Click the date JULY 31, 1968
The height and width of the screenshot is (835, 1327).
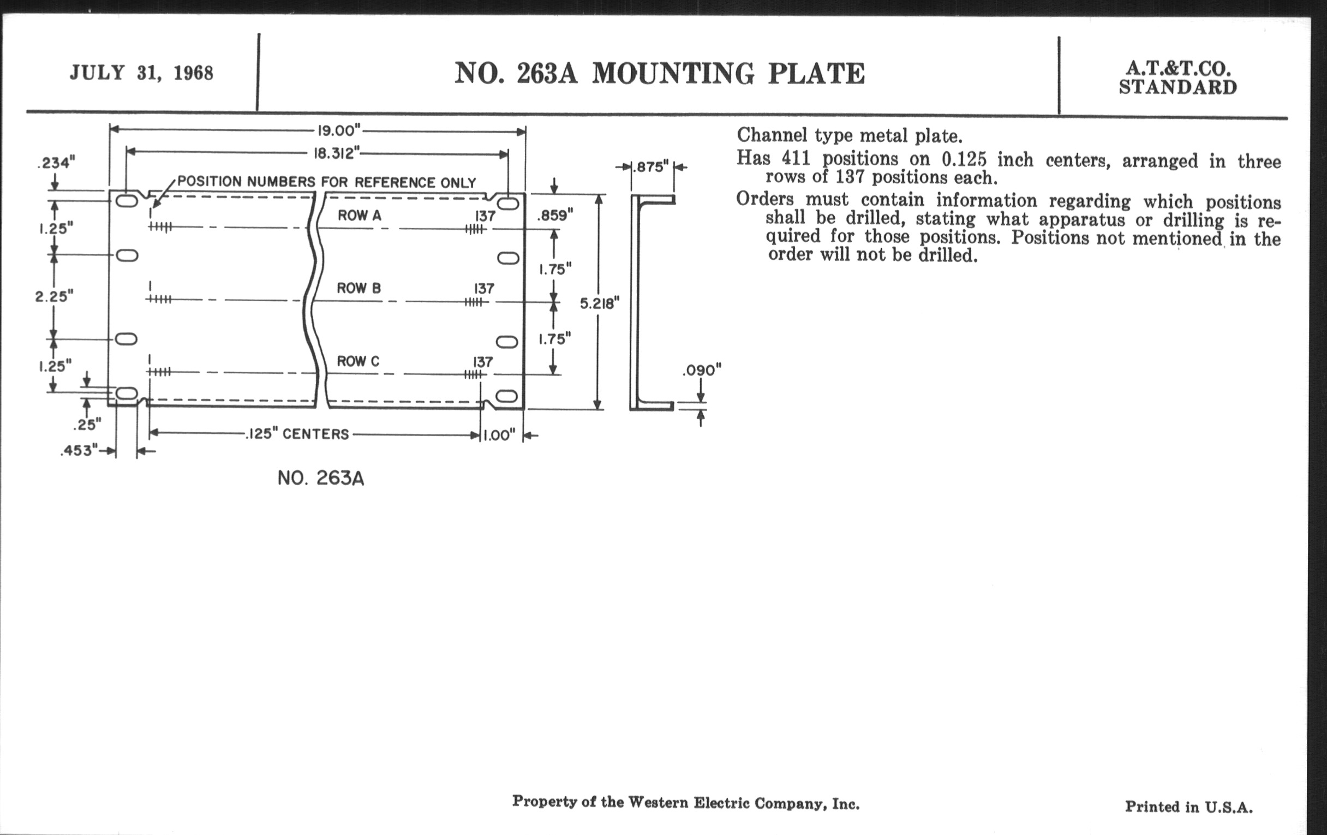click(x=141, y=73)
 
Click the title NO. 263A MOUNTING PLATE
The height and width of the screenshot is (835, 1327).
click(x=660, y=73)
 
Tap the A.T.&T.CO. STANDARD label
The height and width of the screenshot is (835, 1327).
click(x=1177, y=77)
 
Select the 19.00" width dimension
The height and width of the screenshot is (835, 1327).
click(x=339, y=130)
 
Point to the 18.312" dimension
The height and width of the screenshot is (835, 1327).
click(x=336, y=153)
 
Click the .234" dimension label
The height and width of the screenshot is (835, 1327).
click(x=56, y=163)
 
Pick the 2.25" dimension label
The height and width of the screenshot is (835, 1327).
click(x=54, y=296)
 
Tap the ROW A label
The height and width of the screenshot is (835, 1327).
click(x=359, y=216)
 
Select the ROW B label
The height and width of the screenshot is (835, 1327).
click(x=358, y=288)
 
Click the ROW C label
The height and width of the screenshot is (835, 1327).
click(x=358, y=361)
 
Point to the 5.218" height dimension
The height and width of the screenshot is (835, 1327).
click(x=600, y=303)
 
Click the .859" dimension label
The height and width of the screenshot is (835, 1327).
click(x=555, y=216)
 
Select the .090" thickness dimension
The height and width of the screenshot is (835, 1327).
click(x=702, y=371)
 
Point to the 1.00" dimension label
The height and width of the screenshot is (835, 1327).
click(x=499, y=436)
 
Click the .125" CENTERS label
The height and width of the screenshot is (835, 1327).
click(x=297, y=434)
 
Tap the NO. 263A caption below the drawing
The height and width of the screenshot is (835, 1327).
click(x=321, y=478)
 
